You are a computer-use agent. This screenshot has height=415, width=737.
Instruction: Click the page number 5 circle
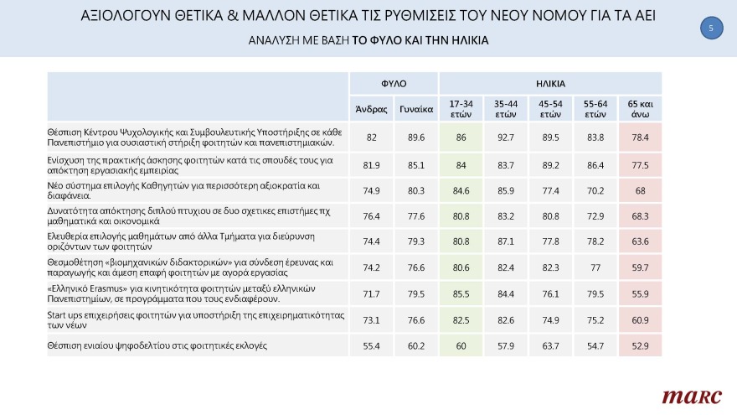(x=710, y=29)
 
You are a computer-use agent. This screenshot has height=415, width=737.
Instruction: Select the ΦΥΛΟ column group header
(x=394, y=84)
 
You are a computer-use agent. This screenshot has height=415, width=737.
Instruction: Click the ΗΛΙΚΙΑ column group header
(x=550, y=84)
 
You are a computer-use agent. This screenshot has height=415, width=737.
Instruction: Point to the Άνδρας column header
(x=371, y=109)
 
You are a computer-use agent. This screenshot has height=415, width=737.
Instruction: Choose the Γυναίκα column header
(x=416, y=109)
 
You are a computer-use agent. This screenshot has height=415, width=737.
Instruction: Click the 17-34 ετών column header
(x=461, y=109)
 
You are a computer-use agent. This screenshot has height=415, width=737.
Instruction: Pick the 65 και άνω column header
(x=640, y=109)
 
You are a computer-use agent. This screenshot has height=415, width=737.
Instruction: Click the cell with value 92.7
(x=506, y=136)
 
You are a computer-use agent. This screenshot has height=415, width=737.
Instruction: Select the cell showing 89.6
(x=416, y=136)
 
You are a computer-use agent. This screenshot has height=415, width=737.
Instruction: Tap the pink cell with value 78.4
(x=640, y=136)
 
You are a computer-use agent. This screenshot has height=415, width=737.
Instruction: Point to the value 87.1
(x=506, y=241)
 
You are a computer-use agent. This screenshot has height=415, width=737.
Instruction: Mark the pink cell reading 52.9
(x=640, y=345)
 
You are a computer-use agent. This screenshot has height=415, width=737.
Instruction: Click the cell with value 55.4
(x=371, y=345)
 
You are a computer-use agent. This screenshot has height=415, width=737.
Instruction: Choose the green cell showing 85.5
(x=461, y=293)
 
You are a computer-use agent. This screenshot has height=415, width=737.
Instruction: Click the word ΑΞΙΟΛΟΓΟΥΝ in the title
(x=132, y=16)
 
